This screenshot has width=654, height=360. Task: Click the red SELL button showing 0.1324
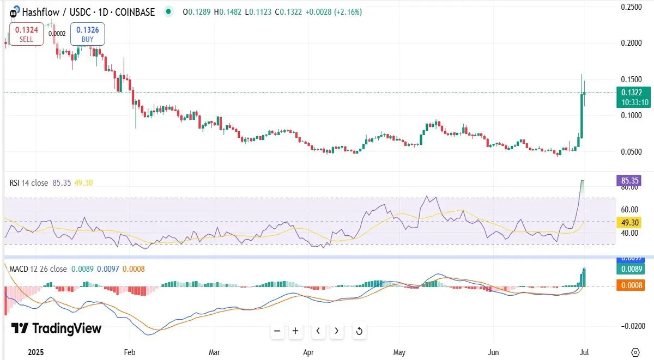pyautogui.click(x=26, y=34)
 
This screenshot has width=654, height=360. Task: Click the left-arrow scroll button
pyautogui.click(x=318, y=331)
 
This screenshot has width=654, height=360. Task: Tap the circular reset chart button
pyautogui.click(x=359, y=331)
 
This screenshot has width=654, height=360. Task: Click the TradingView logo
pyautogui.click(x=57, y=328)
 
